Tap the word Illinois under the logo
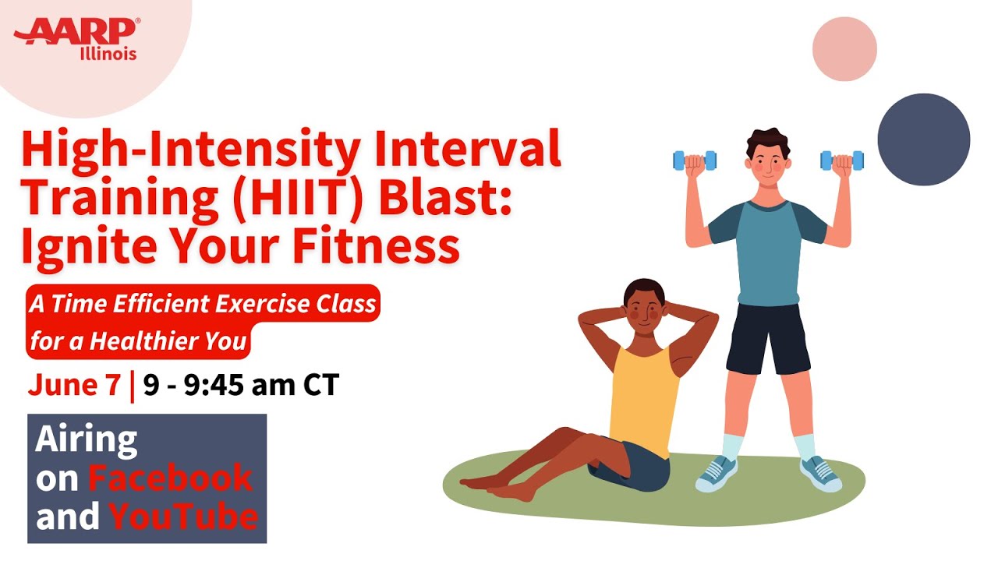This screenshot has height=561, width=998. [108, 54]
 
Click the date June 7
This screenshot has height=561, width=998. [74, 385]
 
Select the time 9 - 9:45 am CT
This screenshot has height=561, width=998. [241, 385]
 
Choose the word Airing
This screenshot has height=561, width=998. [87, 440]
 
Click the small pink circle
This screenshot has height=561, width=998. [844, 49]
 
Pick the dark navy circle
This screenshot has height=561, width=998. [924, 139]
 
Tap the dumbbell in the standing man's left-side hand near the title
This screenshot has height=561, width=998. [695, 161]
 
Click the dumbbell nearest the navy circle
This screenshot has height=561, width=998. [842, 161]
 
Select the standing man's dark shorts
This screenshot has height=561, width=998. [769, 339]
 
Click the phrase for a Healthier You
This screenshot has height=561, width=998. [138, 341]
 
